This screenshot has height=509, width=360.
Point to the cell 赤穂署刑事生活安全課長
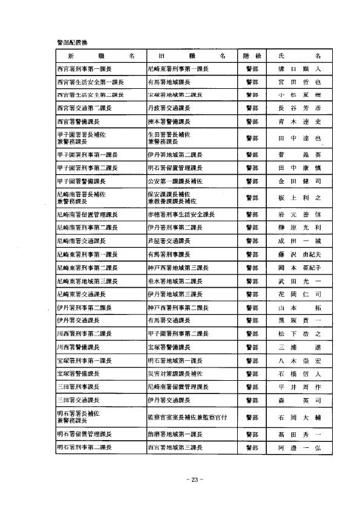point(180,215)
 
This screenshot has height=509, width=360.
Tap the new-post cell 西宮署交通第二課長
point(83,109)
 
